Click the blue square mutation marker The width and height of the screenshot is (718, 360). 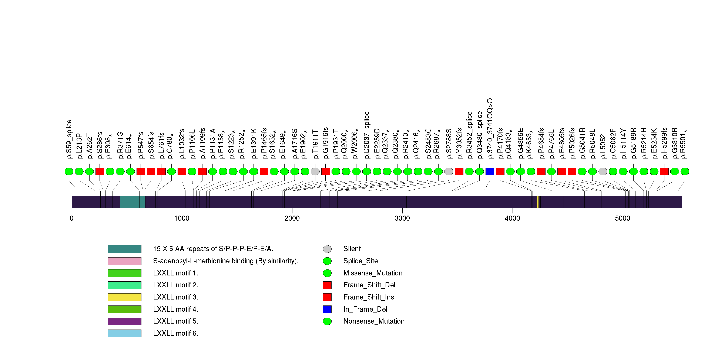[490, 171]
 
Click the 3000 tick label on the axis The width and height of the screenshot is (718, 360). [402, 218]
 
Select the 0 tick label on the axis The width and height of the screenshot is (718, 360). [72, 218]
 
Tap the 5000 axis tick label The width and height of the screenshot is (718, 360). [622, 218]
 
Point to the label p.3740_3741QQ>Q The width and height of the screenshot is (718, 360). [490, 128]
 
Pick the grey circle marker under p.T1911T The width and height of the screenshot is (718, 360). [315, 171]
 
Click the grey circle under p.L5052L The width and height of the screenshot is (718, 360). [603, 171]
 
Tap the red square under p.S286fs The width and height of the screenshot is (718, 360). [100, 171]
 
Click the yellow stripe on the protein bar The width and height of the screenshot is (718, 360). [538, 202]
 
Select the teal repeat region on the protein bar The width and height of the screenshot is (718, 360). [133, 202]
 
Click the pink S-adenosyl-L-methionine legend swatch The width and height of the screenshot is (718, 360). [124, 261]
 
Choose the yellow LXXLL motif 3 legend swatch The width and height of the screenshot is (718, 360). [124, 297]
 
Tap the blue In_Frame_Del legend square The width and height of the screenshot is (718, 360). [327, 309]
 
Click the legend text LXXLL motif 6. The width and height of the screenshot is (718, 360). [176, 333]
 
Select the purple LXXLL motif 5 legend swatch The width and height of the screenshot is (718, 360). [124, 321]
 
